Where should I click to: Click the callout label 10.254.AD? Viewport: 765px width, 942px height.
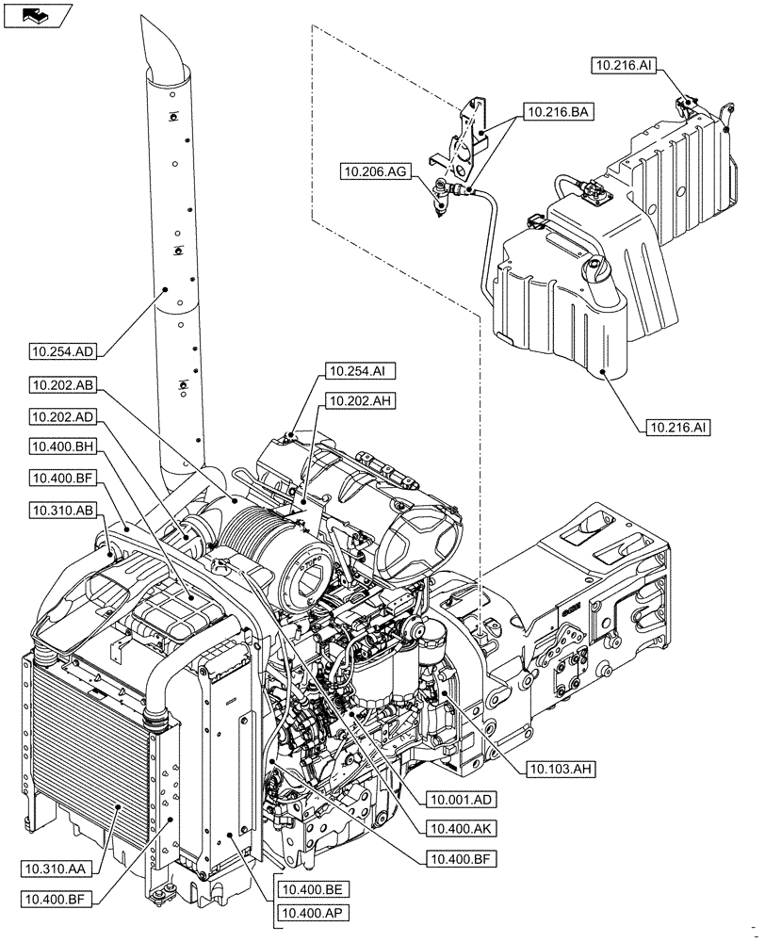(x=61, y=352)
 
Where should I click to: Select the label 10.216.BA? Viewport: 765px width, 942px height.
(x=554, y=111)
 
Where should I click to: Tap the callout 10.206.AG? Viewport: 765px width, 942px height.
(x=375, y=171)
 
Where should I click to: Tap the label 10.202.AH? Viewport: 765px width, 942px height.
(x=357, y=401)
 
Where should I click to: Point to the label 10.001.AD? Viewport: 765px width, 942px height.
(x=461, y=799)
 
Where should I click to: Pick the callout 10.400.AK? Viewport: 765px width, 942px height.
(x=461, y=829)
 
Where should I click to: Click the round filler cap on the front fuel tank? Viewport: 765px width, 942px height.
(x=600, y=274)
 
